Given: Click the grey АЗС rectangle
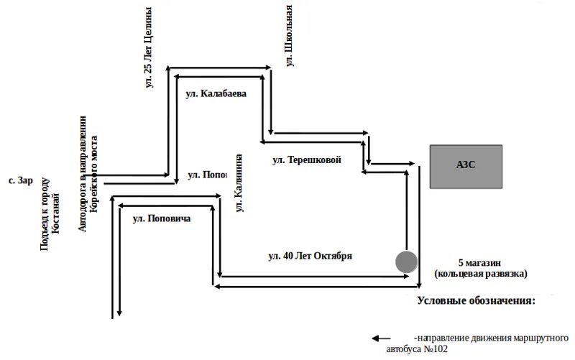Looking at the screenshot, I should [466, 167].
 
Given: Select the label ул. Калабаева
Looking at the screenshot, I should [216, 93].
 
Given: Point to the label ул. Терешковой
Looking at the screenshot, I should [306, 160].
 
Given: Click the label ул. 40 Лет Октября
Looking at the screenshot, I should [310, 257].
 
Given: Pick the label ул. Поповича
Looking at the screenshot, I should [162, 218].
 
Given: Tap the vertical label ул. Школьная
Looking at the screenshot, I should [290, 35].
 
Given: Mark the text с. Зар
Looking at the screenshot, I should [21, 181].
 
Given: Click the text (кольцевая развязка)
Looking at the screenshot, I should [481, 274].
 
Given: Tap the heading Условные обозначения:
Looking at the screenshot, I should [477, 300].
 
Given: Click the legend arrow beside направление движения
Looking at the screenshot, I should [381, 338].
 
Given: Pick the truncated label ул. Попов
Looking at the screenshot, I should [207, 175].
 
